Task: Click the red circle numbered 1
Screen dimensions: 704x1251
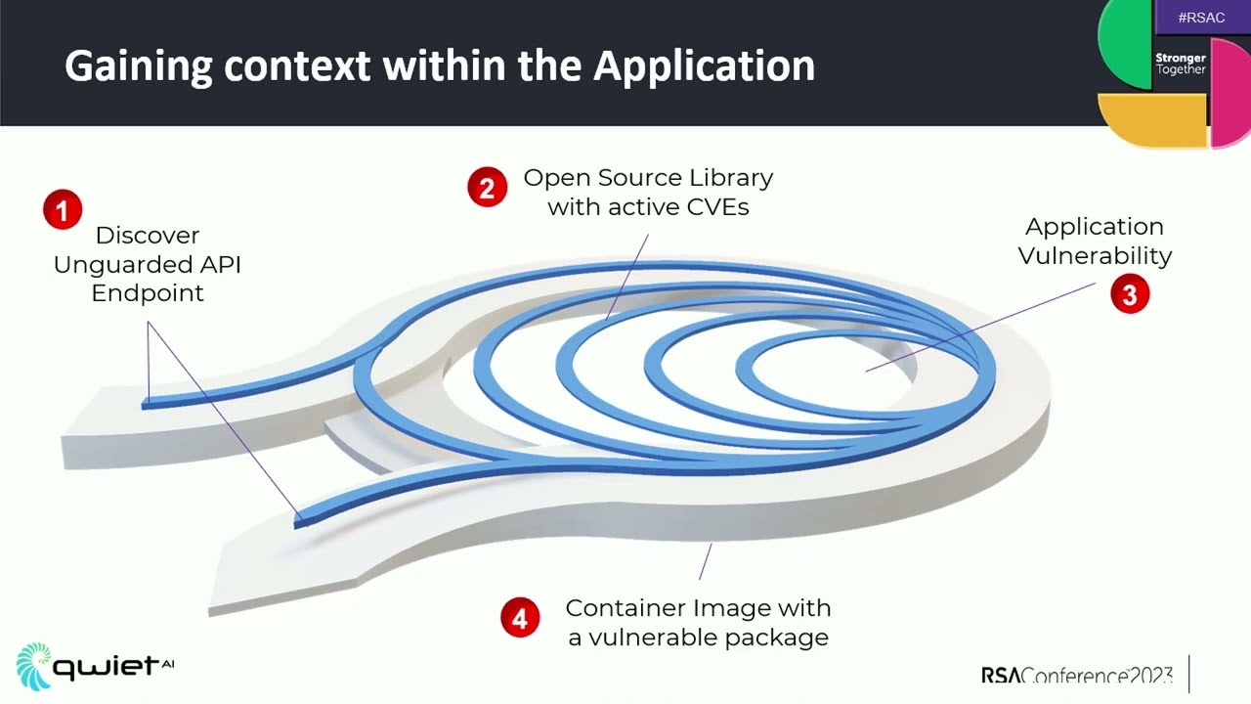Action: point(63,210)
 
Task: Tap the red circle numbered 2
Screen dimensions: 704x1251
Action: point(487,187)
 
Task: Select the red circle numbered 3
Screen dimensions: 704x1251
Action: point(1130,294)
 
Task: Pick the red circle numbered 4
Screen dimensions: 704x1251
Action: point(520,618)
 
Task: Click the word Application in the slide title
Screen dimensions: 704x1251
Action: point(704,66)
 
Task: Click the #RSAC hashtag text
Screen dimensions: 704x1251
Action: point(1201,18)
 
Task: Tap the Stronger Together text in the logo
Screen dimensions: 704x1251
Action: point(1181,64)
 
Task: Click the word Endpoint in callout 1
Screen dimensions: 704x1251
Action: point(148,293)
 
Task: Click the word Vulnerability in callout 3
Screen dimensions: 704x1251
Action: point(1095,256)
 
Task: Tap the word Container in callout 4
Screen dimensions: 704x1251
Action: point(625,607)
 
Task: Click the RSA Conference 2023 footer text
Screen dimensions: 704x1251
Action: point(1076,676)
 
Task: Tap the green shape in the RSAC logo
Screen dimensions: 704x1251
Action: point(1124,44)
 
